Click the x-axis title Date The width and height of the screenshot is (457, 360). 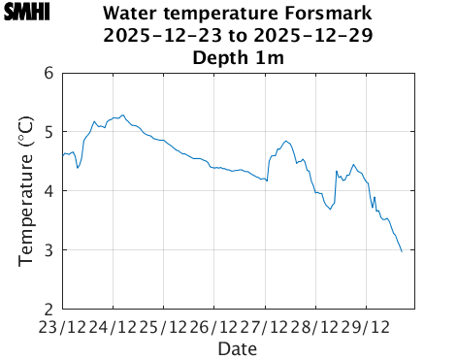pos(238,347)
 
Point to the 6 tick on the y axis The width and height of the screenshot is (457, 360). pos(49,73)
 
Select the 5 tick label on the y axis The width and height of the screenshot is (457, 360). pos(49,132)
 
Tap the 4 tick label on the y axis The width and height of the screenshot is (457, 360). pos(49,191)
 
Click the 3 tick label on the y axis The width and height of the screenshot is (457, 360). pos(49,250)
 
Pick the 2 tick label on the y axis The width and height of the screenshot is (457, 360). pos(49,310)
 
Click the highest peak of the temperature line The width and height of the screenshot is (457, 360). pos(122,115)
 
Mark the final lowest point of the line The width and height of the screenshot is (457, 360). pos(402,252)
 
